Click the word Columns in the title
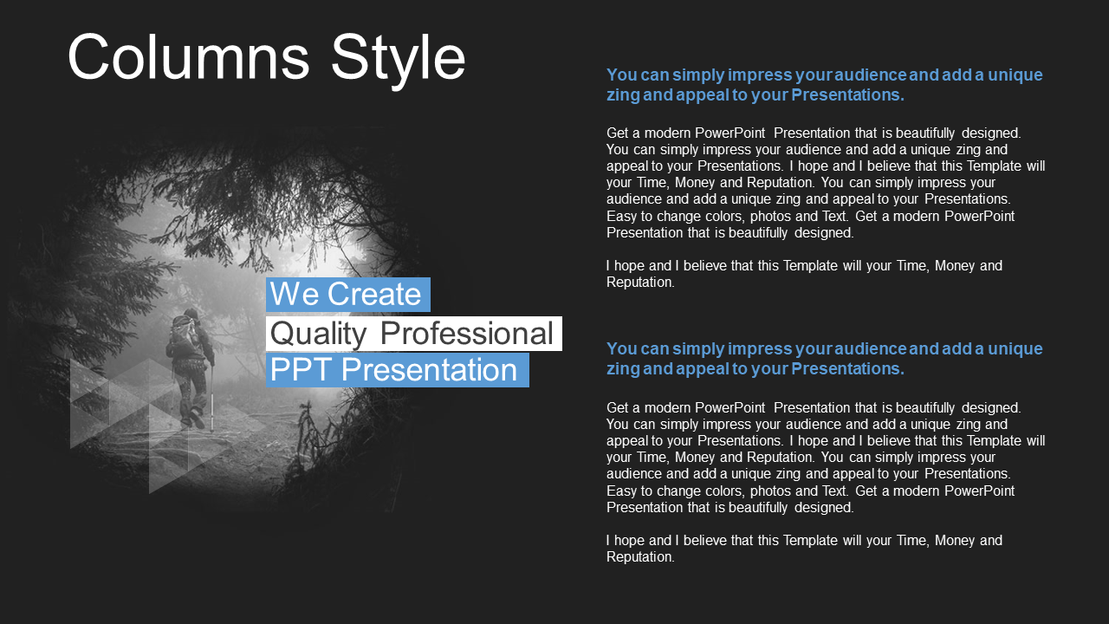click(189, 57)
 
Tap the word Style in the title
click(398, 61)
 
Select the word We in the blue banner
click(294, 294)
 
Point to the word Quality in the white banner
click(318, 335)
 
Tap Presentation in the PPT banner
click(429, 370)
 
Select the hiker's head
click(191, 315)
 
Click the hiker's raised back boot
click(197, 419)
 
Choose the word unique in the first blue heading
click(1015, 75)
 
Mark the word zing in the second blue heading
click(622, 369)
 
